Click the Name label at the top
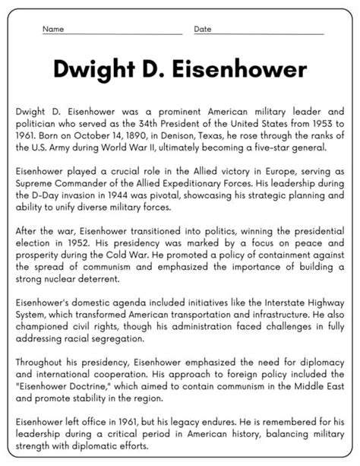coord(52,29)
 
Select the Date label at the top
coord(203,29)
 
